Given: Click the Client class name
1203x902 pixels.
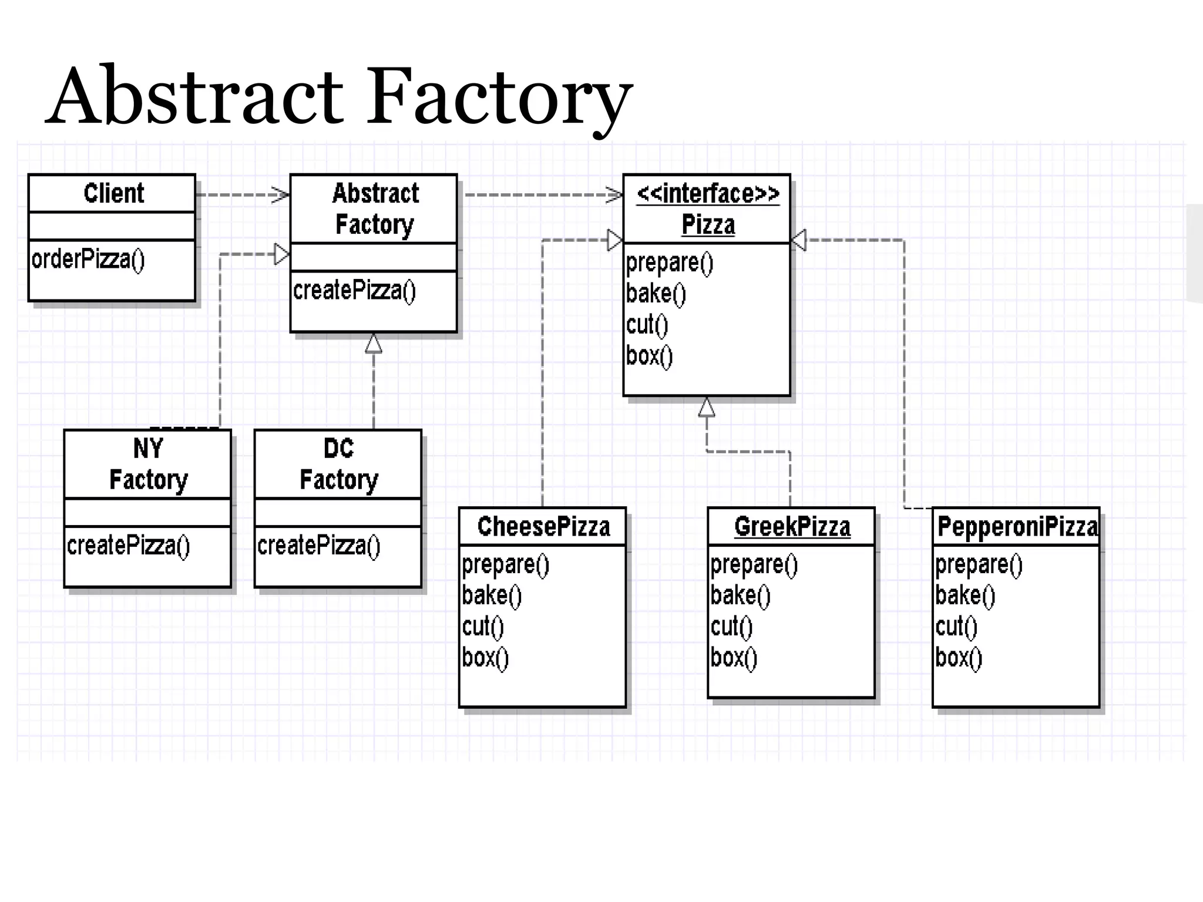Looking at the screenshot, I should pyautogui.click(x=113, y=193).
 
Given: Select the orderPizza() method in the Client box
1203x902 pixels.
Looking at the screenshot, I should pyautogui.click(x=88, y=260).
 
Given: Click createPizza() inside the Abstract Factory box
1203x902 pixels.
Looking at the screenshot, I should pyautogui.click(x=354, y=291).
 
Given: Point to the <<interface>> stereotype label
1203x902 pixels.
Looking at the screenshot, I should pyautogui.click(x=708, y=193).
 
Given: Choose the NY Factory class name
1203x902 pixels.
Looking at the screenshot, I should pyautogui.click(x=148, y=464).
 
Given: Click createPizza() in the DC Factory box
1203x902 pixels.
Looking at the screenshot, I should pyautogui.click(x=319, y=546).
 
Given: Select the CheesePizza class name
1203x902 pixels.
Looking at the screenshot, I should pyautogui.click(x=543, y=526).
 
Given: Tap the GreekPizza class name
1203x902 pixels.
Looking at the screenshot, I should pyautogui.click(x=792, y=526).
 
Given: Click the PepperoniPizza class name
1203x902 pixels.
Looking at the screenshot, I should pyautogui.click(x=1017, y=526).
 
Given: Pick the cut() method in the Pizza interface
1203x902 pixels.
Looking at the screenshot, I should pyautogui.click(x=647, y=325).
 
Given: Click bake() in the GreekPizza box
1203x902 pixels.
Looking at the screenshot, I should pyautogui.click(x=740, y=595).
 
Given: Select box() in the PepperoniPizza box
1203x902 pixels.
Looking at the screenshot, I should pyautogui.click(x=959, y=658).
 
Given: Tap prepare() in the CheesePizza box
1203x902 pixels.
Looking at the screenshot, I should pyautogui.click(x=505, y=565).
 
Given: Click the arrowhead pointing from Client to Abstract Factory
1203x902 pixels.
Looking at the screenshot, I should pyautogui.click(x=281, y=195).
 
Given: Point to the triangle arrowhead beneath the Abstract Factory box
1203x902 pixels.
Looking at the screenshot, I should pyautogui.click(x=374, y=344).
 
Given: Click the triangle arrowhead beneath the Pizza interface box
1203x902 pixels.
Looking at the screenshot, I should pyautogui.click(x=707, y=408).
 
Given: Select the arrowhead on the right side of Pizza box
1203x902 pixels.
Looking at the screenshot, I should pyautogui.click(x=799, y=240).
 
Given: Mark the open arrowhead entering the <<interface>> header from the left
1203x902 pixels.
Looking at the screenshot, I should pyautogui.click(x=614, y=195).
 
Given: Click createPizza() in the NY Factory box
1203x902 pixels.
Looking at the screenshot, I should pyautogui.click(x=129, y=546).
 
